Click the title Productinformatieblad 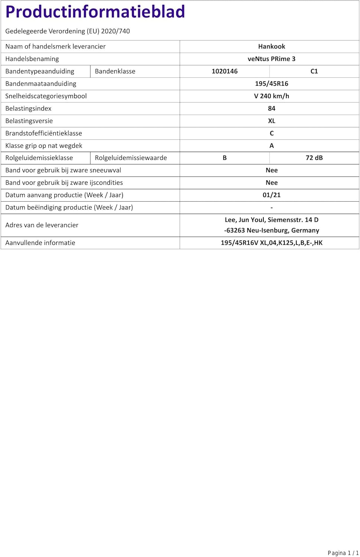click(x=95, y=12)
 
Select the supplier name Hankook click(x=272, y=46)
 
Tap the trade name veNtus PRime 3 click(x=272, y=59)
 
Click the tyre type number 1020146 click(x=225, y=71)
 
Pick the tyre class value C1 click(x=314, y=71)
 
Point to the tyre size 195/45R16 click(x=272, y=84)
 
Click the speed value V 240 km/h click(x=272, y=96)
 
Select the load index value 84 click(x=272, y=108)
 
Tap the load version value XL click(x=272, y=121)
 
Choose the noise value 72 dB click(x=314, y=158)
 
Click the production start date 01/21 click(x=272, y=195)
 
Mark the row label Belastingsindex click(x=28, y=108)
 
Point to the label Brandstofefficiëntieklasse click(x=43, y=133)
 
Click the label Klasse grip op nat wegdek click(x=44, y=146)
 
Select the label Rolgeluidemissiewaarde click(x=131, y=158)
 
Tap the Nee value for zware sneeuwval click(x=272, y=170)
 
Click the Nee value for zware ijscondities click(x=272, y=183)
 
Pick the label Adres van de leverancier click(x=42, y=225)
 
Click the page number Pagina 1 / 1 click(x=343, y=553)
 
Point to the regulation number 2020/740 click(x=115, y=31)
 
